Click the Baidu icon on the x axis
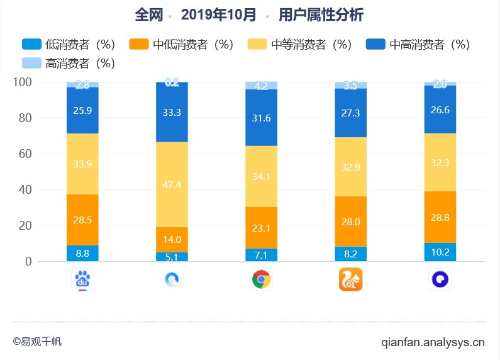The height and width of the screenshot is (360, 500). pos(83,279)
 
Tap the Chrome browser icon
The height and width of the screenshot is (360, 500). pos(261,279)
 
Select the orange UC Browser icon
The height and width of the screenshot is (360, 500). pos(351,279)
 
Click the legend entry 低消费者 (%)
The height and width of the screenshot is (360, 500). pos(69,45)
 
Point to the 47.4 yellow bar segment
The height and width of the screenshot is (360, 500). pos(172,184)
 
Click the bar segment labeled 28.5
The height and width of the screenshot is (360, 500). pos(82,220)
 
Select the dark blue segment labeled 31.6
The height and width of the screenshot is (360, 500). pos(261,118)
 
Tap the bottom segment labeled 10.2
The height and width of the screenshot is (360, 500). pos(440,252)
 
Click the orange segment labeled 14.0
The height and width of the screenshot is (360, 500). pos(172,240)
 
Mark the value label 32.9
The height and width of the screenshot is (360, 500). pos(351,167)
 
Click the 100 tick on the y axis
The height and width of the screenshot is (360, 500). pos(22,82)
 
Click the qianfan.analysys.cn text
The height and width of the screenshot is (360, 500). pos(433,343)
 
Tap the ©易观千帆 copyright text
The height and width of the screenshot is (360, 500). pos(37,342)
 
